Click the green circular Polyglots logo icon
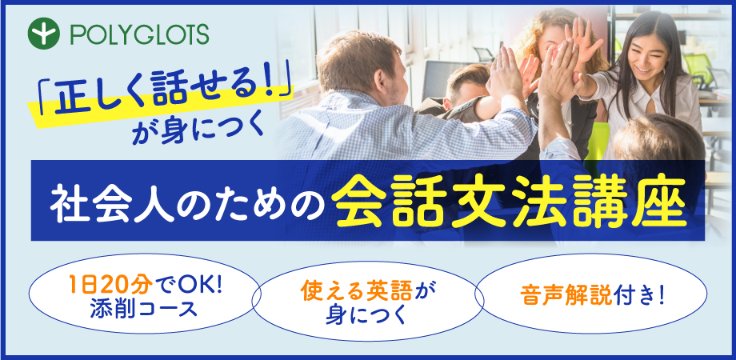(x=44, y=34)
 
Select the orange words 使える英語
(x=356, y=291)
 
